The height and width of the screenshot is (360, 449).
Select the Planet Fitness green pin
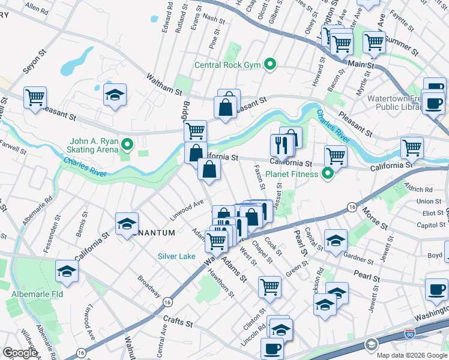[x=328, y=175]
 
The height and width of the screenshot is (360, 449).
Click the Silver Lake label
[x=176, y=256]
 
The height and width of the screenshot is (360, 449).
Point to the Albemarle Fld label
[x=36, y=295]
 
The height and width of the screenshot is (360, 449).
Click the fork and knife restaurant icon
[x=280, y=143]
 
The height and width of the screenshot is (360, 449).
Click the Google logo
[x=20, y=353]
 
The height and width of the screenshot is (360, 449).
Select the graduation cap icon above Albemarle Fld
[x=67, y=271]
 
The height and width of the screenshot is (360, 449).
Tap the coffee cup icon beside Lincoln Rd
[x=271, y=348]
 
